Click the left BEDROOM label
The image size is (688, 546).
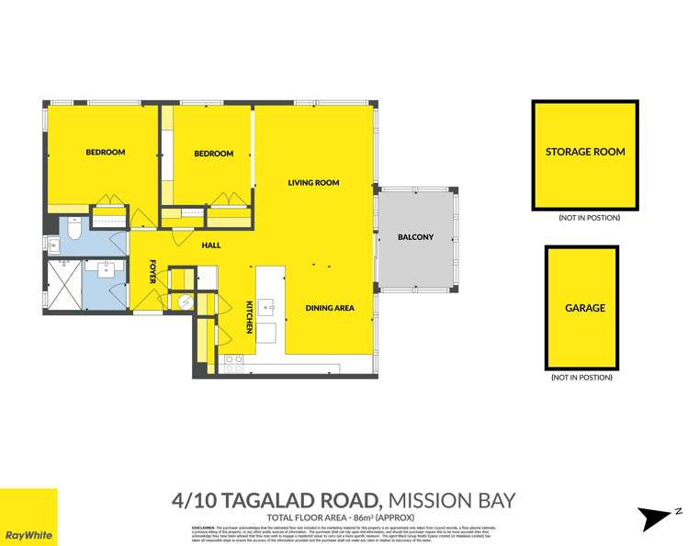(x=105, y=153)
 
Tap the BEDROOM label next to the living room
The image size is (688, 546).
(x=213, y=154)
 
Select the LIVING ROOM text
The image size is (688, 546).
(x=313, y=183)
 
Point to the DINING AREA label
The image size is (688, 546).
(x=330, y=308)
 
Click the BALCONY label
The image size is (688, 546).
(x=415, y=237)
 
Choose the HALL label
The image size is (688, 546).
(x=211, y=245)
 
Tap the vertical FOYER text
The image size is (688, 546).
(x=153, y=271)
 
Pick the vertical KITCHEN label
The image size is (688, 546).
(x=249, y=316)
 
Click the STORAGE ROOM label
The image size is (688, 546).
(x=585, y=152)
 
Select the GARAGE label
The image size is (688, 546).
(x=585, y=308)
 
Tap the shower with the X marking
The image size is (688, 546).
(x=64, y=285)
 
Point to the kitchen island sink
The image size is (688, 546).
(x=265, y=307)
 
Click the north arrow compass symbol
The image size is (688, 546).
(x=660, y=518)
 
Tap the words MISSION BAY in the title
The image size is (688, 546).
(x=451, y=501)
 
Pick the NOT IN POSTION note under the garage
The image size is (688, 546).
(x=581, y=377)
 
